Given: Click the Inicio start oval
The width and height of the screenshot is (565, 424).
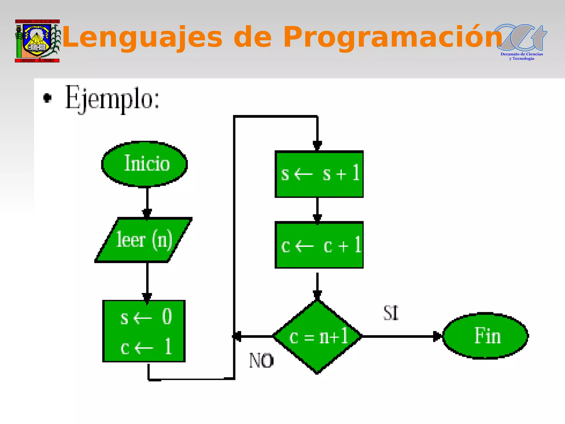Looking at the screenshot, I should point(145,164).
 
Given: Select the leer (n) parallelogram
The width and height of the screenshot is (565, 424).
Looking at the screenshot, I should point(143,240).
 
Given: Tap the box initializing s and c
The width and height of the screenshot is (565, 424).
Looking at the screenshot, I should point(144,331).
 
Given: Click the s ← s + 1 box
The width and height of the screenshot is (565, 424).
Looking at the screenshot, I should point(319,174).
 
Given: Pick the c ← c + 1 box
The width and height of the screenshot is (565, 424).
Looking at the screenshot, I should point(319,245).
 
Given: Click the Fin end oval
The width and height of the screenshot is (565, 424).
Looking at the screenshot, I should point(486,336).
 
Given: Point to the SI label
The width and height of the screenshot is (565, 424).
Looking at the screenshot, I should point(391,313).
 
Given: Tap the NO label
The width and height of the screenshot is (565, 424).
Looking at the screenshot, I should point(261,361).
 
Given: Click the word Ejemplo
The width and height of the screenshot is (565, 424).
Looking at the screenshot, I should point(112,98).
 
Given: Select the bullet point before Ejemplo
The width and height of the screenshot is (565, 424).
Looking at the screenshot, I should point(47,98).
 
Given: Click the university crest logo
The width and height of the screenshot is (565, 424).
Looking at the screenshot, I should point(37,41).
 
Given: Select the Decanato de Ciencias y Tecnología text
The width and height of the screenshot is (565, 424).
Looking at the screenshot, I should point(522,56).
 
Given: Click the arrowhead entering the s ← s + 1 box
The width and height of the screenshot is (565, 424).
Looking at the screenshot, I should point(317,145).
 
